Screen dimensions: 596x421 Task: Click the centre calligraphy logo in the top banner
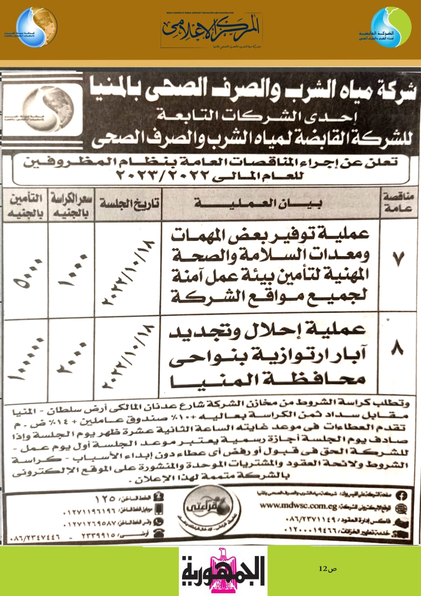[211, 30]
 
